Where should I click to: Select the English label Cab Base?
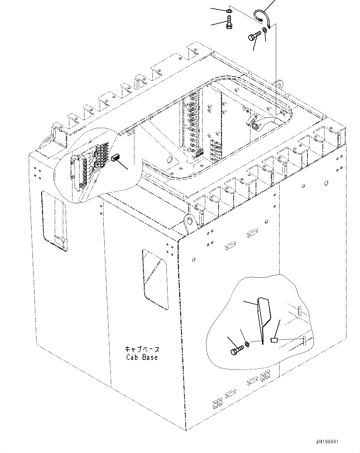pyautogui.click(x=142, y=357)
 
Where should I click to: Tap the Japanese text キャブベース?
pyautogui.click(x=142, y=349)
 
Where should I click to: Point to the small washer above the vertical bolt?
pyautogui.click(x=228, y=11)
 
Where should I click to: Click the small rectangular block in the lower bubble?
pyautogui.click(x=274, y=340)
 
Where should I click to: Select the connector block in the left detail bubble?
pyautogui.click(x=115, y=158)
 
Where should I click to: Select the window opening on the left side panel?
pyautogui.click(x=54, y=220)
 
